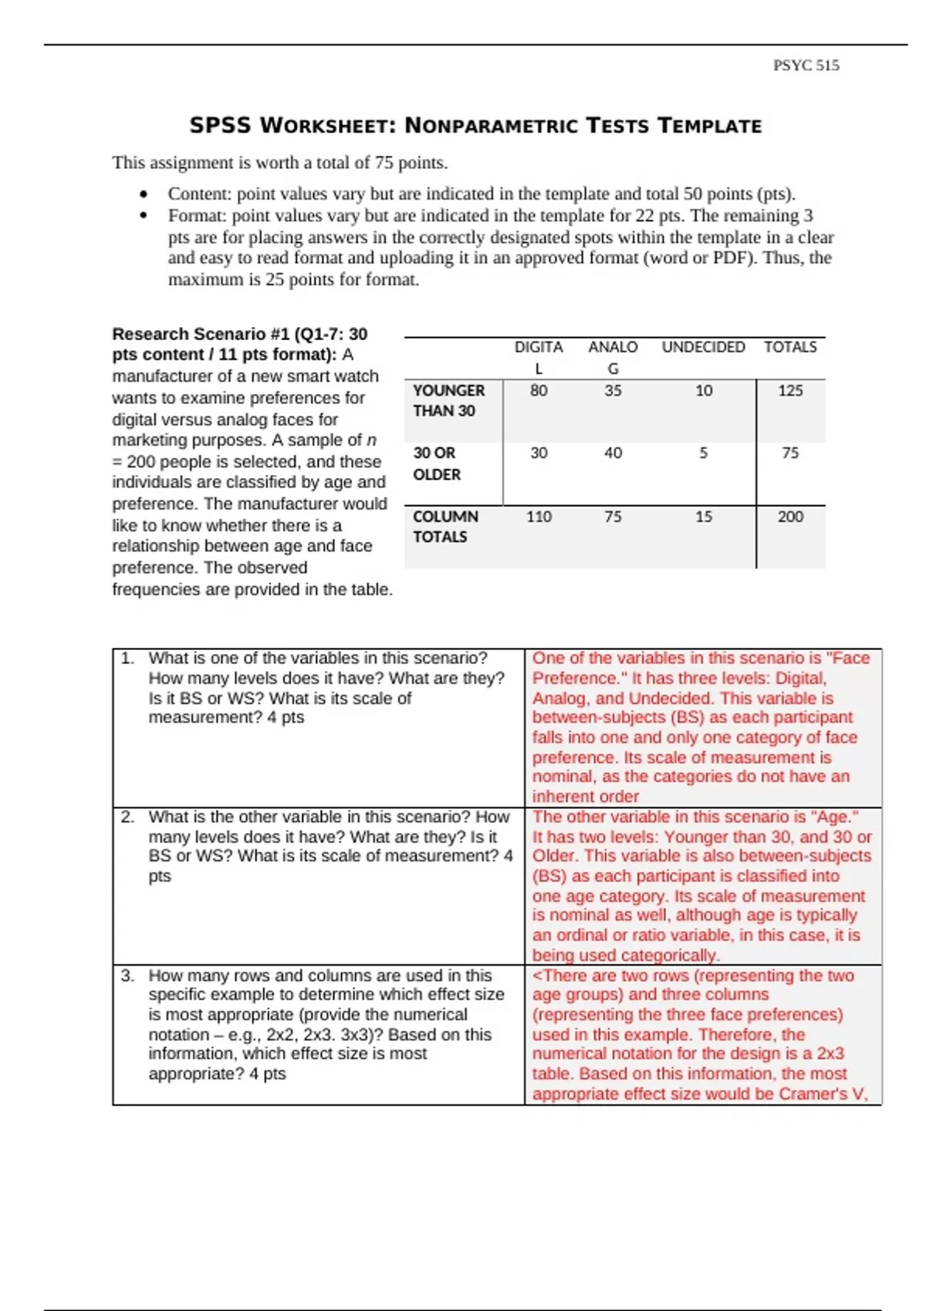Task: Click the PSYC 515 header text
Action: [806, 66]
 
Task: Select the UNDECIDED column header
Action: [703, 347]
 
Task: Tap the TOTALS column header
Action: [790, 347]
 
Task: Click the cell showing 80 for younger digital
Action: [539, 391]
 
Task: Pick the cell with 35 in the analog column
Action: [613, 391]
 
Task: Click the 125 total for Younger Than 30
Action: [790, 391]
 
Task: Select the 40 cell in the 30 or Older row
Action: [613, 453]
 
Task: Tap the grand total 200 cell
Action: [790, 517]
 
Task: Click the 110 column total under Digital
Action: [539, 517]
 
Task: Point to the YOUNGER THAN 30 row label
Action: [448, 401]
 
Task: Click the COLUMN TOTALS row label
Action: [444, 527]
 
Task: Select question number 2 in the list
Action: [127, 817]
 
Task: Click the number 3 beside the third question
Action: [127, 976]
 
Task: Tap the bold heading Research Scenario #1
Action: [201, 335]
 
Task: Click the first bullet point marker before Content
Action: [143, 194]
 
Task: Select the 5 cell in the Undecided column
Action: [703, 453]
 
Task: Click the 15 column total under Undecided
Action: [703, 517]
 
